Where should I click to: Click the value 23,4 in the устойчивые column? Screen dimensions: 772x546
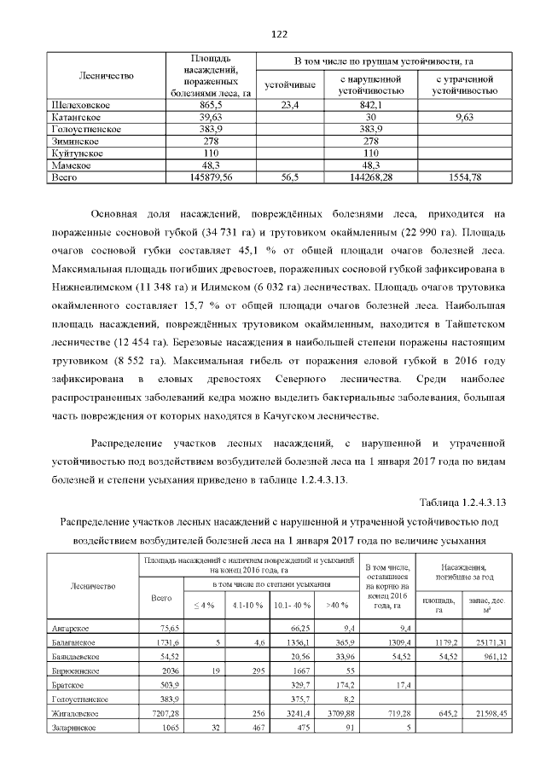tap(289, 104)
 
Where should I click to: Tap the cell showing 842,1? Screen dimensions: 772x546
tap(370, 104)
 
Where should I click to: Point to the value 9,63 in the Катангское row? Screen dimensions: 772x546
tap(465, 116)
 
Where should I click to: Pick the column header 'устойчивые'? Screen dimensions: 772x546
tap(289, 85)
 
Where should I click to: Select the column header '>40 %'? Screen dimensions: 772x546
tap(332, 605)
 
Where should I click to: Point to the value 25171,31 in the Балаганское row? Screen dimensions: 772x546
tap(489, 641)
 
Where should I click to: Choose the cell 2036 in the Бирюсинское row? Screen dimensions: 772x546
tap(162, 671)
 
